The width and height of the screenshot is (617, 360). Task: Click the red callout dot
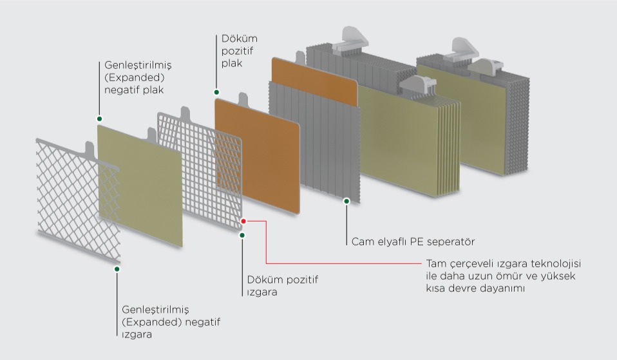click(243, 221)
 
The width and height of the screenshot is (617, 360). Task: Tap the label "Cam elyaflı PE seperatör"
click(413, 242)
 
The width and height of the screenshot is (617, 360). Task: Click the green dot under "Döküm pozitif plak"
click(216, 92)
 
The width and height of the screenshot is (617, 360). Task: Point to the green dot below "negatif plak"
click(99, 118)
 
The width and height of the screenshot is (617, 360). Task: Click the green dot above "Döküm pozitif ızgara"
click(242, 235)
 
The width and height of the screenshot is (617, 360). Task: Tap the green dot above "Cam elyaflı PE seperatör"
click(346, 201)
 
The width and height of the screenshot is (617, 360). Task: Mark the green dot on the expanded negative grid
click(117, 269)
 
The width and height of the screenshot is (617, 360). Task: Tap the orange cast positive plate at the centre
click(258, 148)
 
